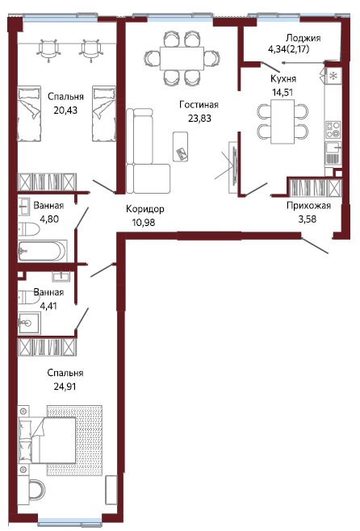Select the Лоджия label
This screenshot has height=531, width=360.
coord(304,38)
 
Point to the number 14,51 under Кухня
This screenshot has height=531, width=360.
coord(283,92)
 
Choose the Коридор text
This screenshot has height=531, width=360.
coord(145,209)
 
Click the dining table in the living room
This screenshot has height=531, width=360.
coord(180,57)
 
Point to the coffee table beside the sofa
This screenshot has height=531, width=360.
coord(182,144)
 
